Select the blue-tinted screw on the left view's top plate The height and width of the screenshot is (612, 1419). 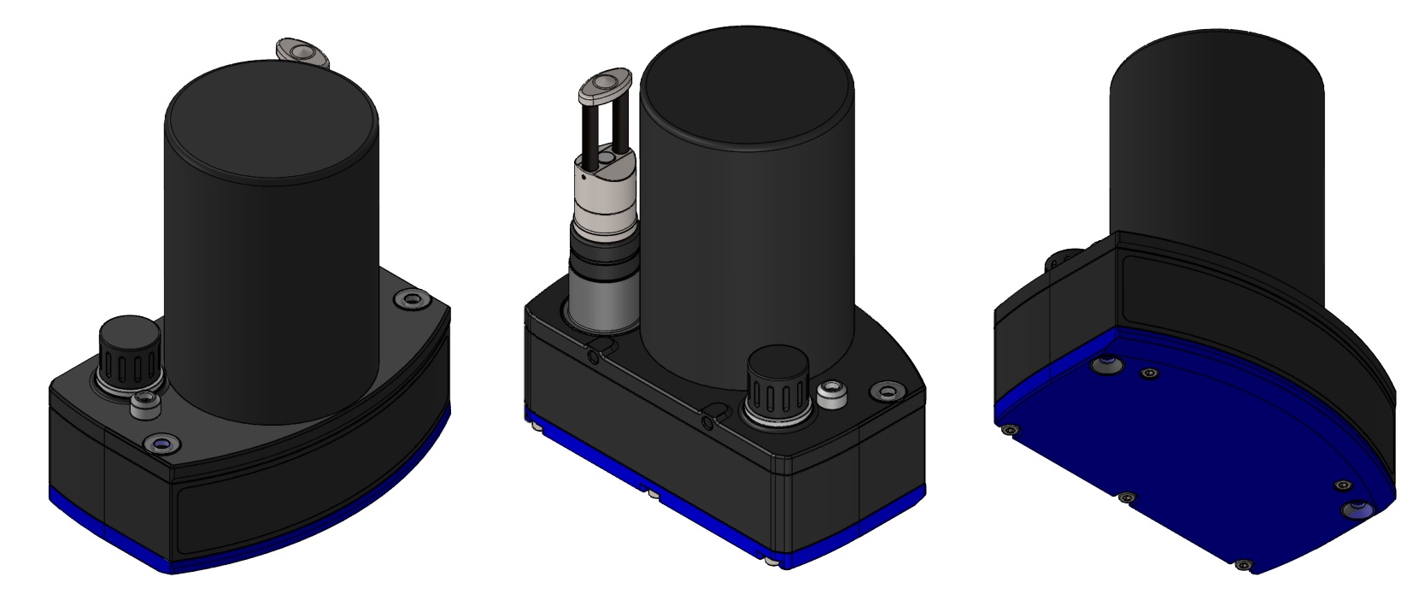(x=161, y=442)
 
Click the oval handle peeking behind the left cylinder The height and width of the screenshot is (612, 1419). (x=303, y=54)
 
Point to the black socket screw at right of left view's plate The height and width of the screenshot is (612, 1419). (x=412, y=300)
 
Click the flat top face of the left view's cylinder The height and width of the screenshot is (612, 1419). (x=272, y=120)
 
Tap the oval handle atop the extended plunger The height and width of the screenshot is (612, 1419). (x=605, y=87)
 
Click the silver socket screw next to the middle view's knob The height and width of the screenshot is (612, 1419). (x=828, y=394)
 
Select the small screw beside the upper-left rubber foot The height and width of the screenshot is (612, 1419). (x=1150, y=374)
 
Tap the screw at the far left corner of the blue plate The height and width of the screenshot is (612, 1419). (x=1011, y=428)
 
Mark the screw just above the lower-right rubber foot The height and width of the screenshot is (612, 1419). (x=1343, y=485)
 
